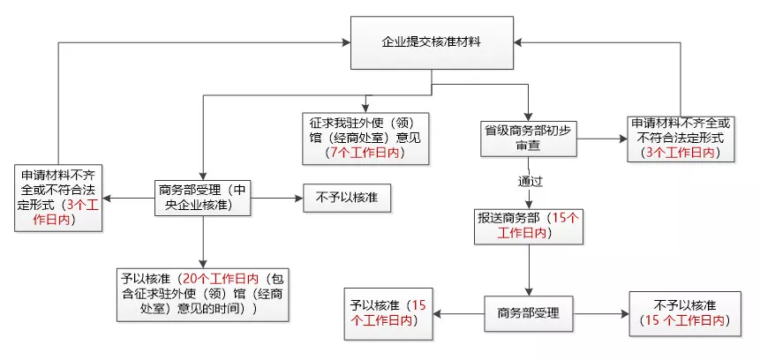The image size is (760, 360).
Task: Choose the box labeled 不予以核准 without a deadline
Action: click(347, 197)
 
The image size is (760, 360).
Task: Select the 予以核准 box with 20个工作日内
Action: click(204, 293)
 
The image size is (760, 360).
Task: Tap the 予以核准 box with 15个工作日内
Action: click(389, 313)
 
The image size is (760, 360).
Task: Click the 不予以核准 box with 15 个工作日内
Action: click(681, 313)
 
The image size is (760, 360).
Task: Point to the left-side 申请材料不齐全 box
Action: click(56, 197)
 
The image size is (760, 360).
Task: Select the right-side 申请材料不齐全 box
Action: click(681, 138)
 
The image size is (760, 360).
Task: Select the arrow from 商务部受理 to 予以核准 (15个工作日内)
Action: click(459, 313)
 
